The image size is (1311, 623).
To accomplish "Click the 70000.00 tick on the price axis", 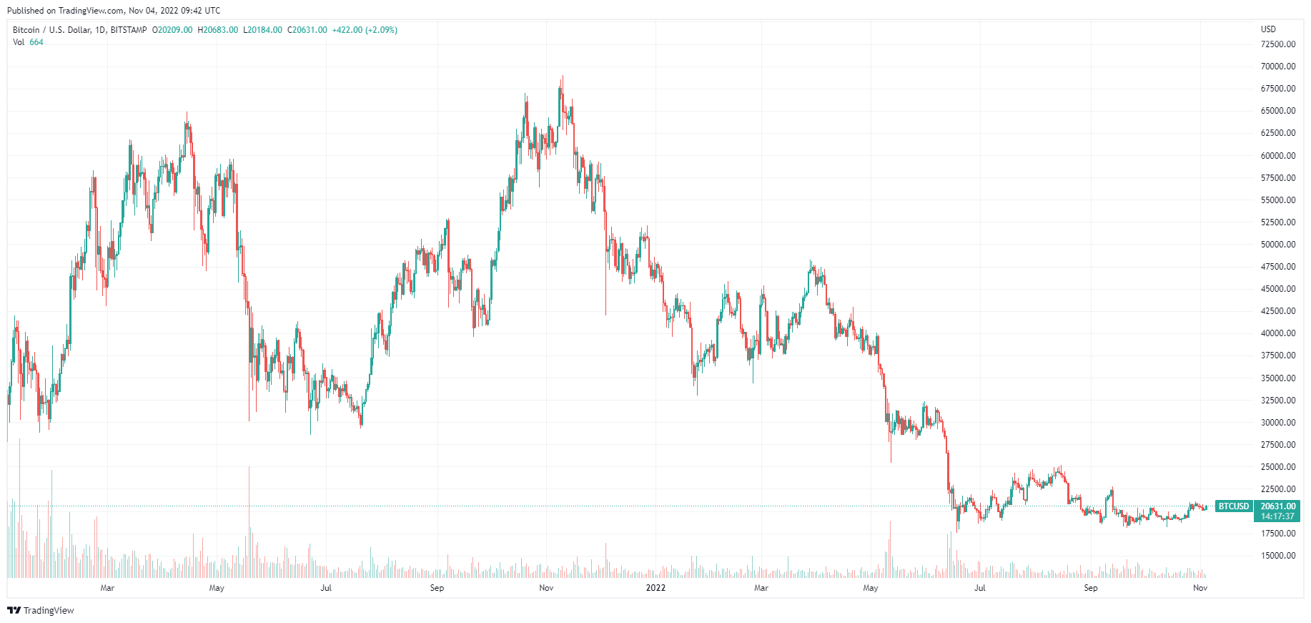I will tap(1277, 67).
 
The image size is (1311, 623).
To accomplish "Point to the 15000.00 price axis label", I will tap(1277, 556).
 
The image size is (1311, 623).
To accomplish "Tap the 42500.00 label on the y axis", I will tap(1277, 311).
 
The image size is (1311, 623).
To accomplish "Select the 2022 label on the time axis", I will tap(655, 588).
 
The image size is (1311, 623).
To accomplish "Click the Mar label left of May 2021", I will tap(107, 588).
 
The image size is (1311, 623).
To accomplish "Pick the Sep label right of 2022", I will tap(1090, 588).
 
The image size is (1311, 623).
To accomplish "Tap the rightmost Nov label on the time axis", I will tap(1200, 588).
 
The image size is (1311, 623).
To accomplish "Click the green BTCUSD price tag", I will tap(1234, 506).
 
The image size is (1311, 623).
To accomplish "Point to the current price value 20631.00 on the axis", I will tap(1277, 506).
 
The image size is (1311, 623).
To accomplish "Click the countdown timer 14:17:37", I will tap(1277, 516).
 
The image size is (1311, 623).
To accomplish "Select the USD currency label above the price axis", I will tap(1268, 29).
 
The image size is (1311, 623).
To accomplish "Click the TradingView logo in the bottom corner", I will tap(41, 610).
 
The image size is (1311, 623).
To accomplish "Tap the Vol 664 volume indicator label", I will tap(28, 42).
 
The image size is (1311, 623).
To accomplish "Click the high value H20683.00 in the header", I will tap(218, 30).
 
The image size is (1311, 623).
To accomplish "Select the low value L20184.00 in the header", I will tap(263, 30).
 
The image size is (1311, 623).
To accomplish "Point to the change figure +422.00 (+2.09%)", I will tap(365, 30).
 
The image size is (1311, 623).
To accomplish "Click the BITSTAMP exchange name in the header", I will tap(129, 30).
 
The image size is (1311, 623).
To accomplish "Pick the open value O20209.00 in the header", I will tap(172, 30).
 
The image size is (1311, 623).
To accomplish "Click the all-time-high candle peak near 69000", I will tap(563, 77).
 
